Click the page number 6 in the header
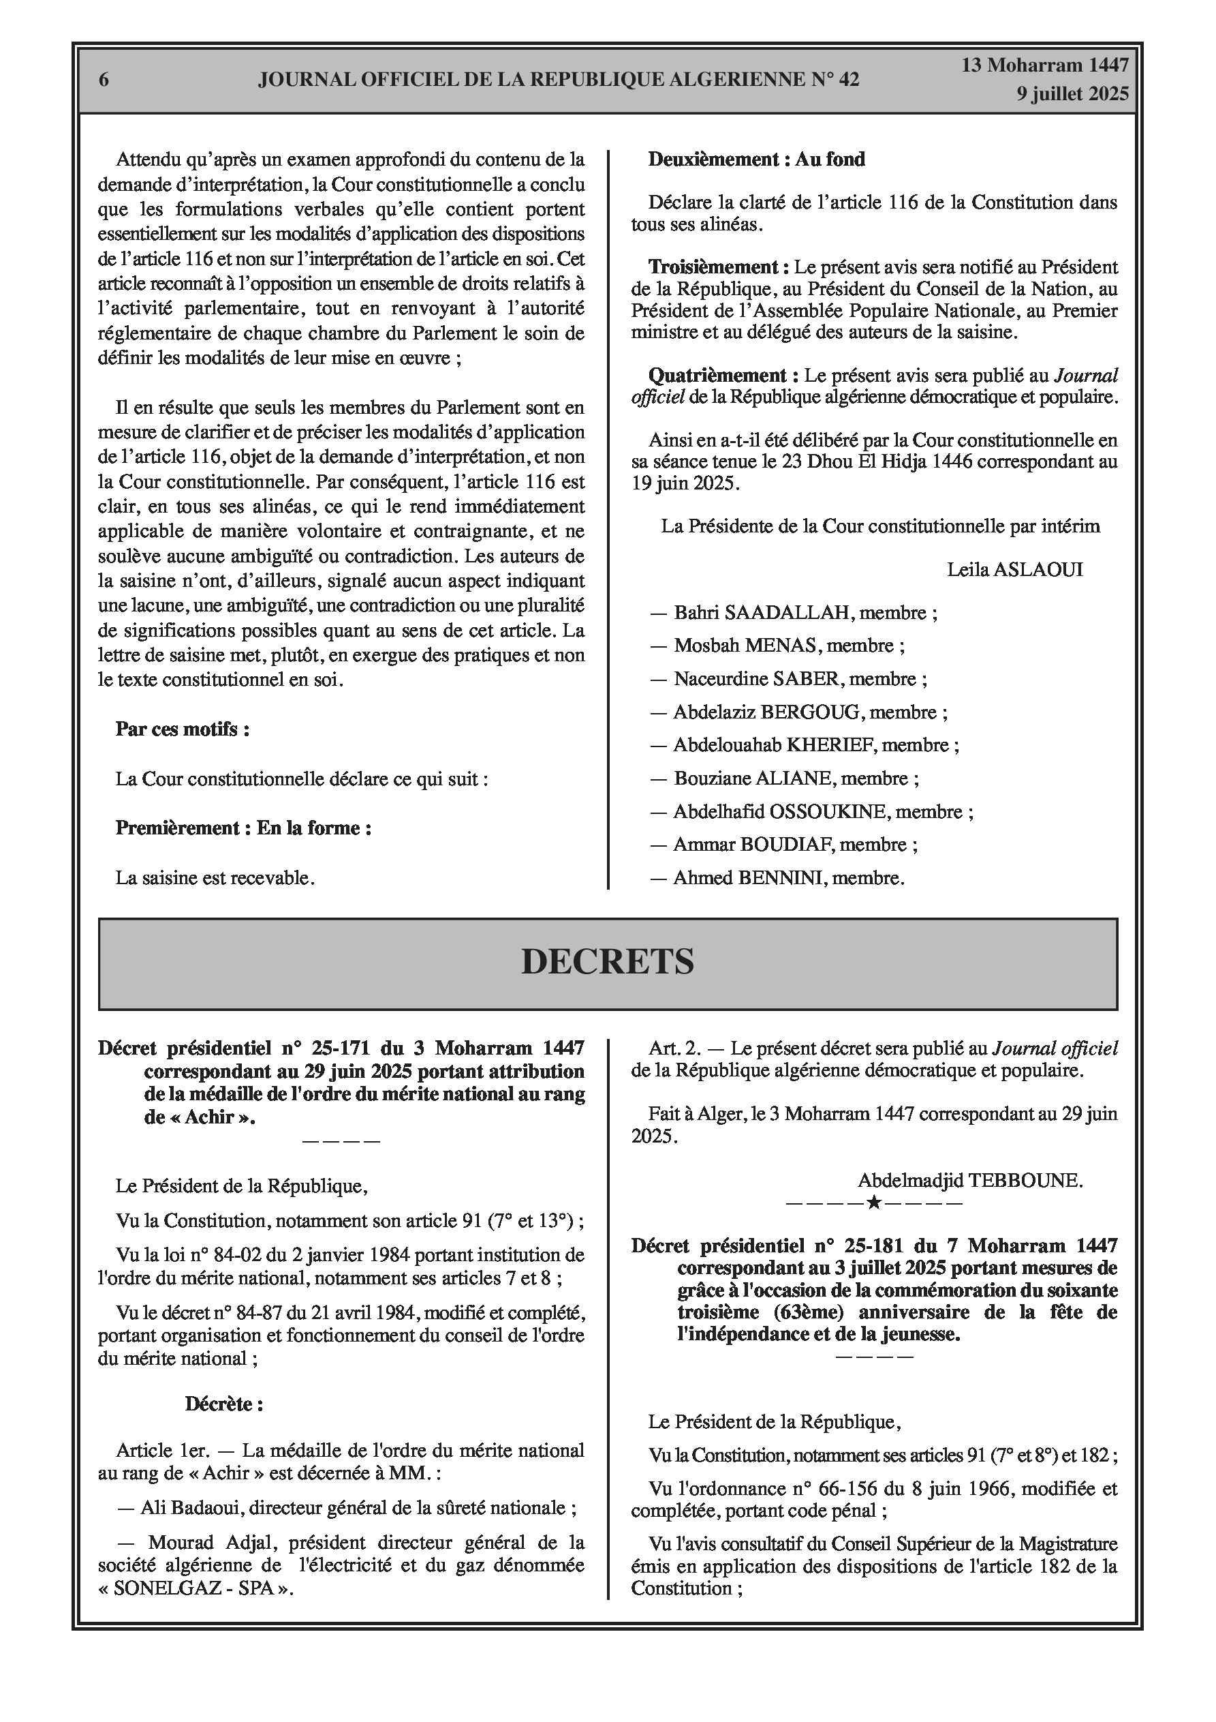tap(104, 80)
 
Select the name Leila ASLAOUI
tap(1014, 569)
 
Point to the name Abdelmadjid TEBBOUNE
tap(969, 1181)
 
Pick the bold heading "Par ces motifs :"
tap(182, 729)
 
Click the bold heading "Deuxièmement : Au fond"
tap(756, 159)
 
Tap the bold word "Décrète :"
tap(224, 1404)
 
